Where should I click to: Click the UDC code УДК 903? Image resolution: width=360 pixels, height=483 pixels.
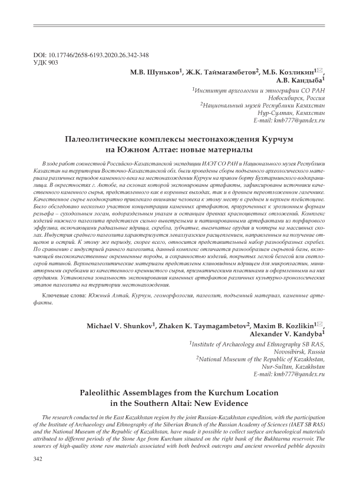point(47,62)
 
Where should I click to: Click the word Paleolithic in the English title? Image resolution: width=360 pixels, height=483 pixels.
point(123,392)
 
